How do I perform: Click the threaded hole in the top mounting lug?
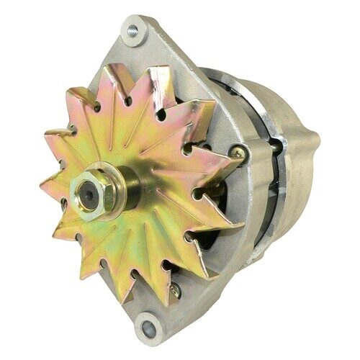click(131, 30)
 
